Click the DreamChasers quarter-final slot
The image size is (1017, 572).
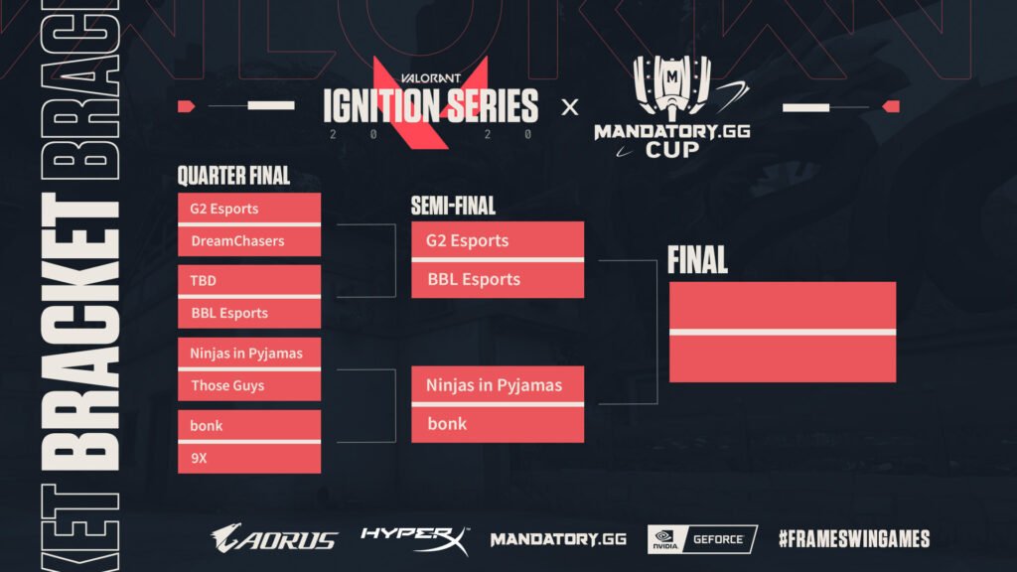[x=249, y=241]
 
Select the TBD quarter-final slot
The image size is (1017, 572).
[x=249, y=281]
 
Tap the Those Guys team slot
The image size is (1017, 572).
[x=249, y=385]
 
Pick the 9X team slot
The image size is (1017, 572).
[x=249, y=459]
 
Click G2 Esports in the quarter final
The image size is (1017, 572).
[x=249, y=209]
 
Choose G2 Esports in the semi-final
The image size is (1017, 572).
[x=498, y=241]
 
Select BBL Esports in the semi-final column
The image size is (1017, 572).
[x=498, y=280]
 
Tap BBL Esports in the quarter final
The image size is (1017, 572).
[x=249, y=313]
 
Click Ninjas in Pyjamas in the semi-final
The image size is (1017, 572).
[x=498, y=385]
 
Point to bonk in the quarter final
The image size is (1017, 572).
[x=249, y=426]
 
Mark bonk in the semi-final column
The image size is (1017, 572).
[x=498, y=424]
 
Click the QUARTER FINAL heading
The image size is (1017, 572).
[x=233, y=176]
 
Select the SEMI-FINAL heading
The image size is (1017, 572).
[x=453, y=207]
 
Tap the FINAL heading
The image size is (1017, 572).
[x=697, y=261]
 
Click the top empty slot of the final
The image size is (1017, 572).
[x=783, y=305]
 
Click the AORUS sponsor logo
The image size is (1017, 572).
[x=274, y=539]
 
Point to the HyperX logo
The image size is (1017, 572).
[x=414, y=539]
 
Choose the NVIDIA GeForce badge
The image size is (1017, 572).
[x=702, y=539]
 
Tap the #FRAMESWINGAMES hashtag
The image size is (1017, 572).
[x=854, y=539]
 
